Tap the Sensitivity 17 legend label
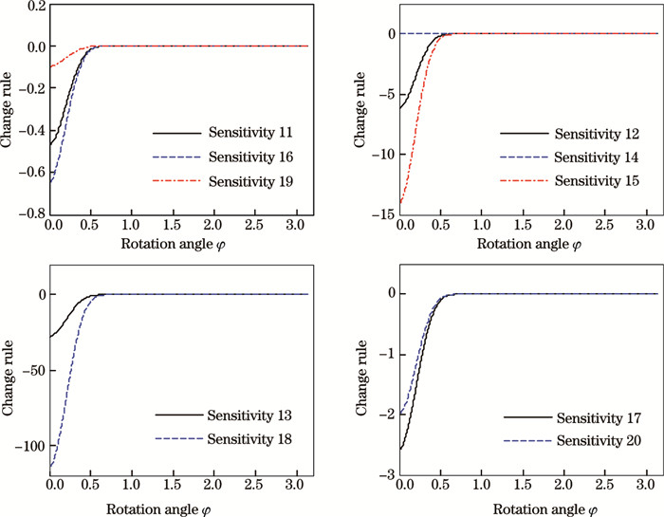(600, 416)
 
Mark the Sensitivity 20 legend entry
(600, 439)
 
